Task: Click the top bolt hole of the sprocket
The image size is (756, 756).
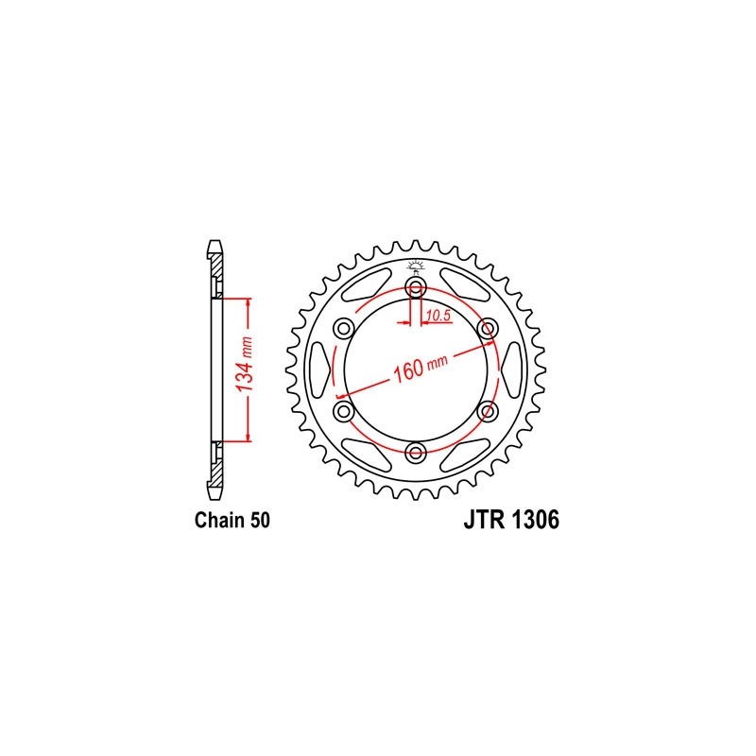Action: click(x=415, y=286)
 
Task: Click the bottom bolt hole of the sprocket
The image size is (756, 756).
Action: click(x=415, y=453)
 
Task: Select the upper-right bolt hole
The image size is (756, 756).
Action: click(x=488, y=328)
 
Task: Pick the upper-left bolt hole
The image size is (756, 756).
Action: click(x=343, y=328)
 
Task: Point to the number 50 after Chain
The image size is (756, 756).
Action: click(x=260, y=521)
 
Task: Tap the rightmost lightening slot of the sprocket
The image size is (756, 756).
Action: click(x=510, y=369)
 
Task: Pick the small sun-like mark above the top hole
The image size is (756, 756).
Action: click(x=415, y=264)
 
